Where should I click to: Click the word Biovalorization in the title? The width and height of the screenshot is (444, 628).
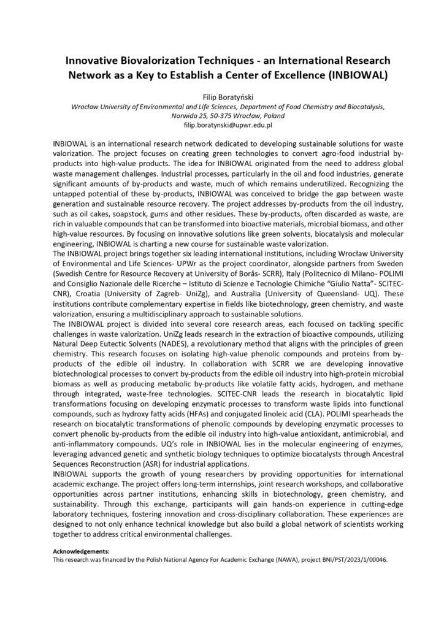pyautogui.click(x=152, y=62)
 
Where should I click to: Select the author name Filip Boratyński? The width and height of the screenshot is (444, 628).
pyautogui.click(x=222, y=97)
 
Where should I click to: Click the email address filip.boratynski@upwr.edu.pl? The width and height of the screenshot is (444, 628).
pyautogui.click(x=222, y=124)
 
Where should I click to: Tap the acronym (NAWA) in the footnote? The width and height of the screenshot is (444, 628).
pyautogui.click(x=252, y=560)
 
